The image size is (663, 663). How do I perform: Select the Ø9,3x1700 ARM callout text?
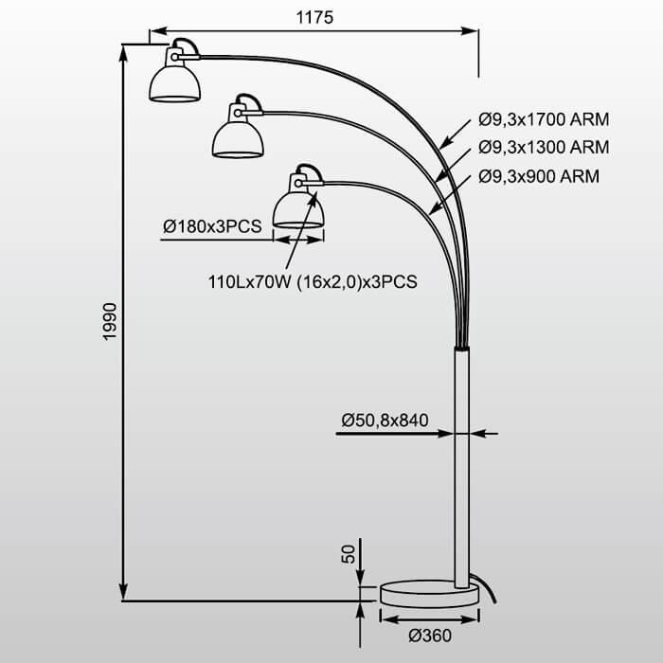point(543,120)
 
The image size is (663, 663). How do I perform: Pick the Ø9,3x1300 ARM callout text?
point(543,148)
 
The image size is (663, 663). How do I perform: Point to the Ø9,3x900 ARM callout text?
point(538,176)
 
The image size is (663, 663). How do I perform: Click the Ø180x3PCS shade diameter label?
point(212,226)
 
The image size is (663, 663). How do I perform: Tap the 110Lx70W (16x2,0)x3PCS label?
point(313,280)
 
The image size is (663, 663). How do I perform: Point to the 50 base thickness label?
point(348,554)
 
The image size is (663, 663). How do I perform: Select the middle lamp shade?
point(237,138)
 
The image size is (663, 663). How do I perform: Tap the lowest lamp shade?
point(298,207)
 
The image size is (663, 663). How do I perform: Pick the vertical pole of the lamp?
point(461,464)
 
